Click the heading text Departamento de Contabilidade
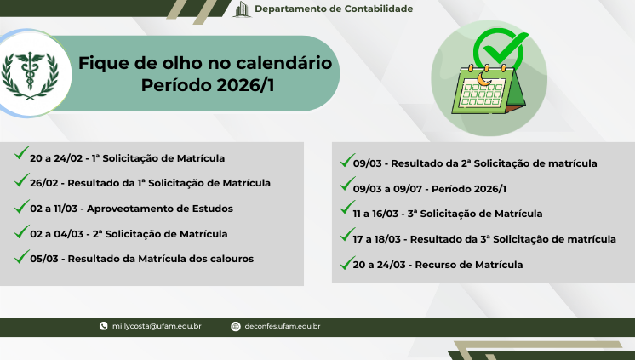pos(334,9)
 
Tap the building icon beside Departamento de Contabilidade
pos(242,9)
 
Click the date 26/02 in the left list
pos(43,183)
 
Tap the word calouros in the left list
pos(232,259)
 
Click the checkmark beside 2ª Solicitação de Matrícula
pos(21,230)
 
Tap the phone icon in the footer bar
pos(104,326)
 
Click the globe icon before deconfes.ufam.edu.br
pos(236,326)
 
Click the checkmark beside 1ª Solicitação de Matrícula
pos(21,154)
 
